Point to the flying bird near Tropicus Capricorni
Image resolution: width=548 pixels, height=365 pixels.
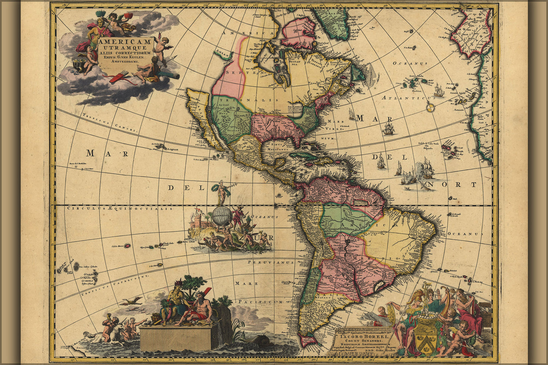pos(132,301)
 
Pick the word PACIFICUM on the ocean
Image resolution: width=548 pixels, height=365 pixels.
pos(260,302)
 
